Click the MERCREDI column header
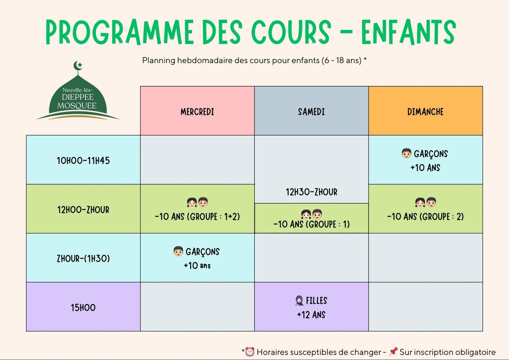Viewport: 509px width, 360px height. (197, 112)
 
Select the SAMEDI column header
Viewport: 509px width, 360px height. (311, 112)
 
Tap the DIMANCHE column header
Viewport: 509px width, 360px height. (425, 112)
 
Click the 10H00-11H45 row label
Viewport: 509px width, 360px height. (83, 161)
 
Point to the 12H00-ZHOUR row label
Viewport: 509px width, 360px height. (83, 210)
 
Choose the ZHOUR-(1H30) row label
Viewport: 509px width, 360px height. (83, 258)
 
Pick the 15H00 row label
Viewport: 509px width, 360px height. (83, 307)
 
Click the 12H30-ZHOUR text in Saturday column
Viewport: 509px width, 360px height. (311, 192)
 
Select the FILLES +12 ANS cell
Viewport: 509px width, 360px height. (311, 307)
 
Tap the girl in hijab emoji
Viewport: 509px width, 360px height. (299, 301)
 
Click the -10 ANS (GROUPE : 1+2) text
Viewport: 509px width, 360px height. (197, 217)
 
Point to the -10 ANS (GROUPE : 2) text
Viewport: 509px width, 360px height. (425, 217)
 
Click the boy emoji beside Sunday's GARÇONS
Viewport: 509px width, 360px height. (406, 153)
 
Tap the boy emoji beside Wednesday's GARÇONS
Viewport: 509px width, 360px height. (178, 251)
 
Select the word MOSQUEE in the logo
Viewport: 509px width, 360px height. (77, 106)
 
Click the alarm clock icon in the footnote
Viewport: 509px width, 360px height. (249, 352)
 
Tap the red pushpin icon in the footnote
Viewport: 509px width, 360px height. (393, 351)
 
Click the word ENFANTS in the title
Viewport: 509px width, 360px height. (408, 32)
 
